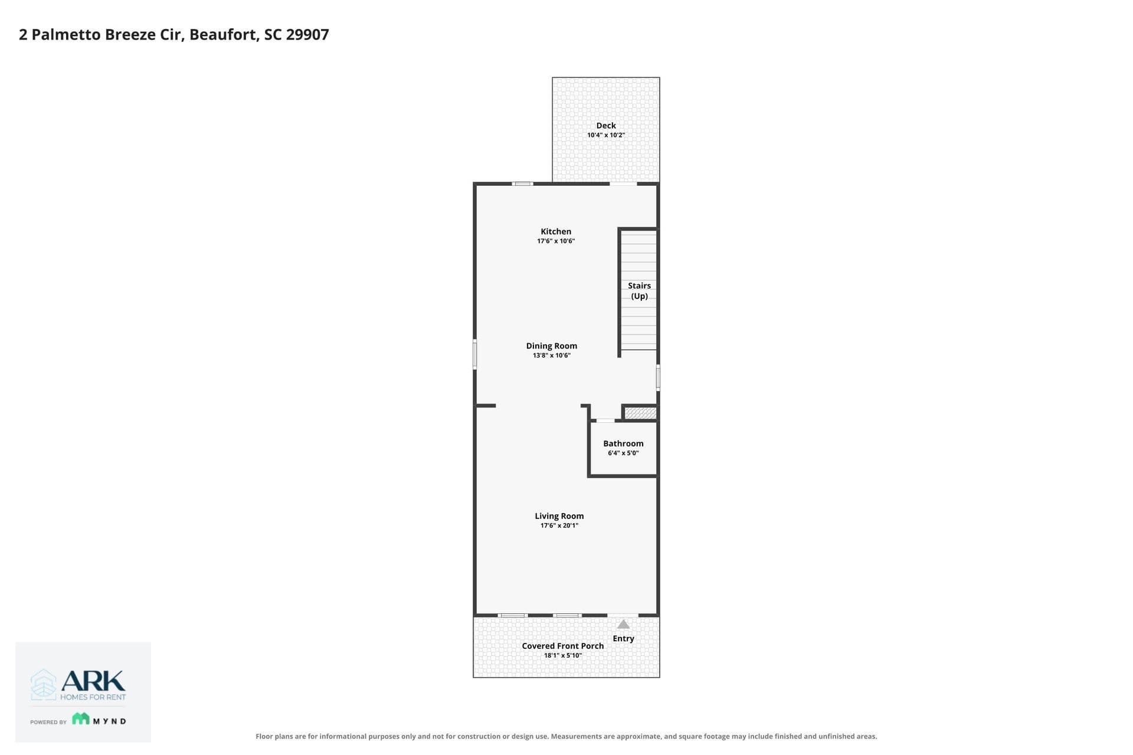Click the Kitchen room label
tap(556, 232)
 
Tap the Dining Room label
tap(552, 346)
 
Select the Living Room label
tap(559, 516)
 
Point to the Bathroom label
tap(623, 444)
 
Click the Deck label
tap(606, 126)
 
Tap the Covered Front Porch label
tap(563, 646)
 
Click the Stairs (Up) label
tap(639, 291)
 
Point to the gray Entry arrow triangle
tap(623, 624)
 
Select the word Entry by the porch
tap(623, 638)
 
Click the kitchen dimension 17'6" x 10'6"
tap(556, 241)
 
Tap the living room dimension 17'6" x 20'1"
tap(559, 526)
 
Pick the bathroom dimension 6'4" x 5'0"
tap(623, 453)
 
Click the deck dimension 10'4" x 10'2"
tap(606, 135)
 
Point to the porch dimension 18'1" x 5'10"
tap(563, 655)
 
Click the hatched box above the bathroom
tap(640, 413)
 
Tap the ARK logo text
tap(93, 681)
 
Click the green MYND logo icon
tap(81, 718)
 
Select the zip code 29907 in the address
tap(307, 34)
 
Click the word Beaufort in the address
tap(224, 34)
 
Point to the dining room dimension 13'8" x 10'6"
tap(552, 356)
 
